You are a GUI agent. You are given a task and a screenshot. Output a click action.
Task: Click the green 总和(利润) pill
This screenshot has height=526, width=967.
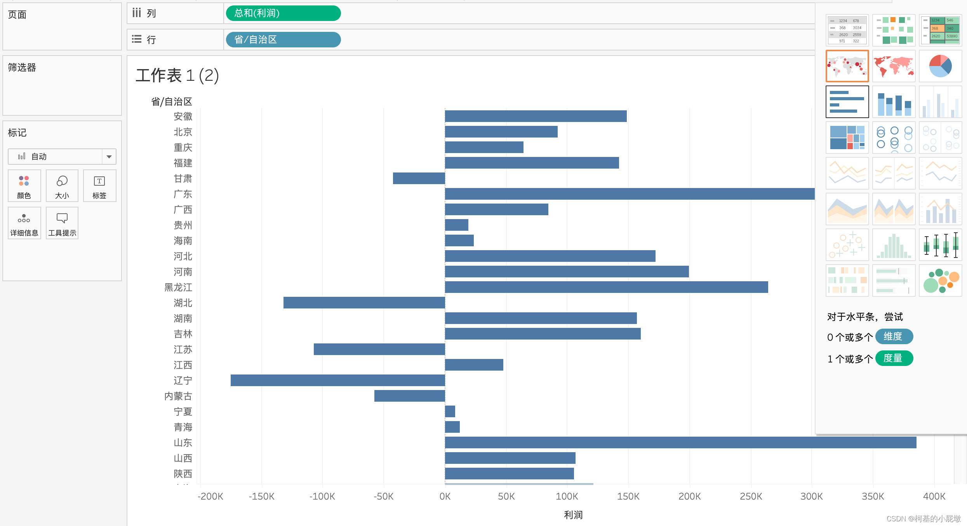283,13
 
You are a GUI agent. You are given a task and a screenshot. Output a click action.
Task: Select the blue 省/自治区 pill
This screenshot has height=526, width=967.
283,40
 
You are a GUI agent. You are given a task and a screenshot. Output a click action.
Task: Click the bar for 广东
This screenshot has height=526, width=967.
629,194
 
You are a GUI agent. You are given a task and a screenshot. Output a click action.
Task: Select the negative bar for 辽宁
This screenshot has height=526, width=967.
337,380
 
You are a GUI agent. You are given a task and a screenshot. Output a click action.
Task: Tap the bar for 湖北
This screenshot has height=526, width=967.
364,303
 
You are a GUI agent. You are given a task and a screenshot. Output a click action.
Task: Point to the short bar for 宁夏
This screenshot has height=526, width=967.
450,411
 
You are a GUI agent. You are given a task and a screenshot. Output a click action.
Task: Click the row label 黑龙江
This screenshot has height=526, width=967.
178,287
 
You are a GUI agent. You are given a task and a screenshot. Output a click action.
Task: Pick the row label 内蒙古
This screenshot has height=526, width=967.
178,396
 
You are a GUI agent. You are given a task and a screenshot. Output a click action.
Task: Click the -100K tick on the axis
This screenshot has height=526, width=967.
322,496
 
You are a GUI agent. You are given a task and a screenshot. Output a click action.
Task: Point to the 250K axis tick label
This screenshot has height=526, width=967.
751,496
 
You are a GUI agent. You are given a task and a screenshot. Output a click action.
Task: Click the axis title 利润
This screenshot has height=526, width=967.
573,515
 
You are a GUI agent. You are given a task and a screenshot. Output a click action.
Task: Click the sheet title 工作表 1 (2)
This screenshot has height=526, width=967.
177,75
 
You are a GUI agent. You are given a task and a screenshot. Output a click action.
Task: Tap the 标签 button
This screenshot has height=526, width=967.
99,186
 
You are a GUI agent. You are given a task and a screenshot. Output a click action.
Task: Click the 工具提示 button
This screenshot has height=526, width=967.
62,223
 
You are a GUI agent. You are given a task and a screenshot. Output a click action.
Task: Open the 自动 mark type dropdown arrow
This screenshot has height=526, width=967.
109,157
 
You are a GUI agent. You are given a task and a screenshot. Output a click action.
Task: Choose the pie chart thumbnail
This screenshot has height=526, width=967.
940,66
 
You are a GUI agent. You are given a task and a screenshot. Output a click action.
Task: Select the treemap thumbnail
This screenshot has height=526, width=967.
847,138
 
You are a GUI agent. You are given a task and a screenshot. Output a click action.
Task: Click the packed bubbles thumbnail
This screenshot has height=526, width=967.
940,280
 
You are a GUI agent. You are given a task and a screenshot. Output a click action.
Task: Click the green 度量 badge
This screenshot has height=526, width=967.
894,358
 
